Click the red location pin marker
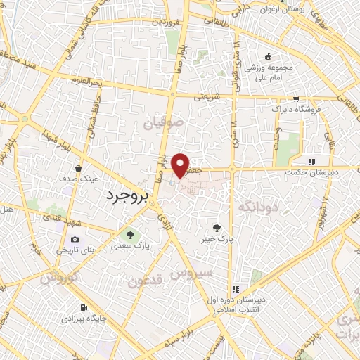(181, 165)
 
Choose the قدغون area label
(146, 281)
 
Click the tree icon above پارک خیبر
(217, 228)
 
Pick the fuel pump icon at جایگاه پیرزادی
(85, 308)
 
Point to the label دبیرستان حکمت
(310, 172)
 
